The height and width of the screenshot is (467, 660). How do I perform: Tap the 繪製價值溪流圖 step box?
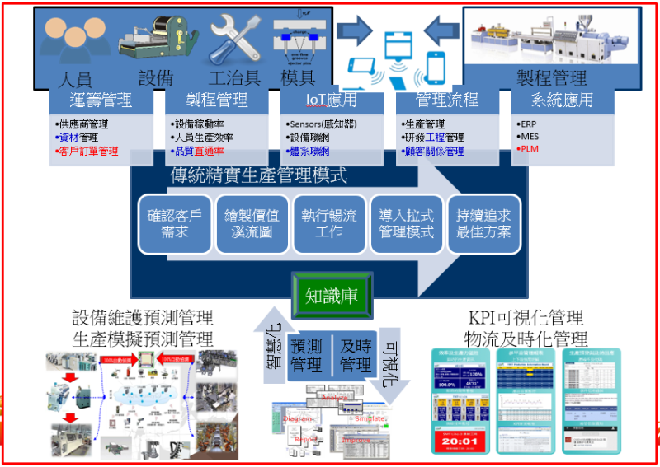pos(252,223)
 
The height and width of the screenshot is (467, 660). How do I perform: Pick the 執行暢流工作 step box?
pos(329,223)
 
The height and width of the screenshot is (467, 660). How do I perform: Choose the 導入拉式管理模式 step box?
pos(406,223)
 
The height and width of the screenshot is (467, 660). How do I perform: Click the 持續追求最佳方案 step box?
pos(483,223)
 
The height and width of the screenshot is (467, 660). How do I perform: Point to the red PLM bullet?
pos(530,150)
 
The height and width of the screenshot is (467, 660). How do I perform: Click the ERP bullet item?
pos(529,124)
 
